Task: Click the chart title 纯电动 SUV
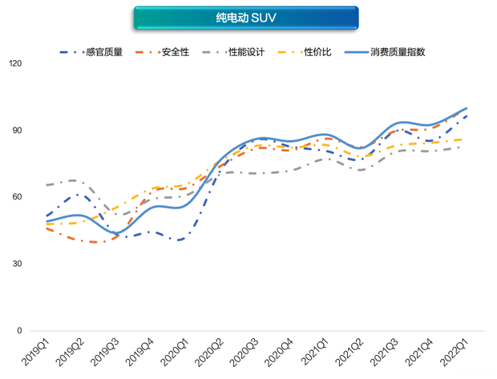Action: (246, 18)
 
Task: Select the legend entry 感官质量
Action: (103, 52)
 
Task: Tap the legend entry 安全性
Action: (175, 52)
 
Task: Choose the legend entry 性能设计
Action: (246, 52)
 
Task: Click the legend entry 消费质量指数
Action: (398, 52)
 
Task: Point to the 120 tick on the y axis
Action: (16, 64)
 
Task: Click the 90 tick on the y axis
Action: (18, 131)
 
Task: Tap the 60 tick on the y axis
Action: (18, 197)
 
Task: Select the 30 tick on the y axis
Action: (18, 264)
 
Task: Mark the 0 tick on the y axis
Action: (20, 330)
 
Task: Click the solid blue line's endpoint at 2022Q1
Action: (467, 108)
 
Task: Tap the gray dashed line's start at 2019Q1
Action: (46, 185)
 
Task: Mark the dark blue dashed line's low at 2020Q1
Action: (180, 240)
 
